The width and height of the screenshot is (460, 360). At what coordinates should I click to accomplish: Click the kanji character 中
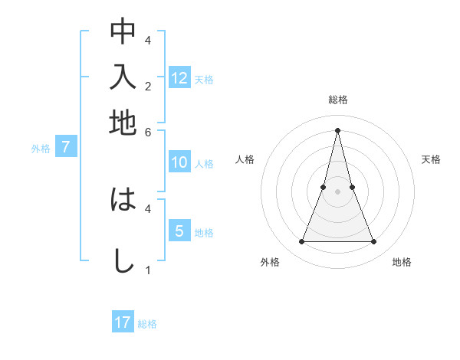(x=123, y=31)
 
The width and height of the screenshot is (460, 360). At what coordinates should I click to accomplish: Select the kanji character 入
(x=123, y=77)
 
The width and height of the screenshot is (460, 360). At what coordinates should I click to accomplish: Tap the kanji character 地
(x=123, y=122)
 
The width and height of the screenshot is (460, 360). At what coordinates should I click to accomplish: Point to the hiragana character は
(x=123, y=201)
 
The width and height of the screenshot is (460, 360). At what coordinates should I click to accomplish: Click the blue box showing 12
(x=179, y=77)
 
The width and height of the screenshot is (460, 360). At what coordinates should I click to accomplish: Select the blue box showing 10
(x=179, y=162)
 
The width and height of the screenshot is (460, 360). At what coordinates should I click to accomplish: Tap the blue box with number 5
(x=179, y=231)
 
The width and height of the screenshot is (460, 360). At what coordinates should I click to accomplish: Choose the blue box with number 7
(x=66, y=147)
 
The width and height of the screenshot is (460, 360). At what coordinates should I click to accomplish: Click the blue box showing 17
(x=123, y=322)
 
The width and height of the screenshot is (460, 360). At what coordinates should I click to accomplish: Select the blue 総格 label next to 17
(x=147, y=324)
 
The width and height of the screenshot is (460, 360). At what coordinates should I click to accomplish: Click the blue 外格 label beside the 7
(x=41, y=149)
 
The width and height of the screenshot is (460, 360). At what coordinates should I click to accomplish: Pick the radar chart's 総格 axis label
(x=337, y=100)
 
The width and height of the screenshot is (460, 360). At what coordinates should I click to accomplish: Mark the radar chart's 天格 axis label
(x=431, y=159)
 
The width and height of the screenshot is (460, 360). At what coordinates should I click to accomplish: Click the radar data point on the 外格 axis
(x=301, y=242)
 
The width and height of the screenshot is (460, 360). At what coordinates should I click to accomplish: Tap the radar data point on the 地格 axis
(x=374, y=242)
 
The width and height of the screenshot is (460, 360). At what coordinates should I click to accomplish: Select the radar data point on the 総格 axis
(x=337, y=129)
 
